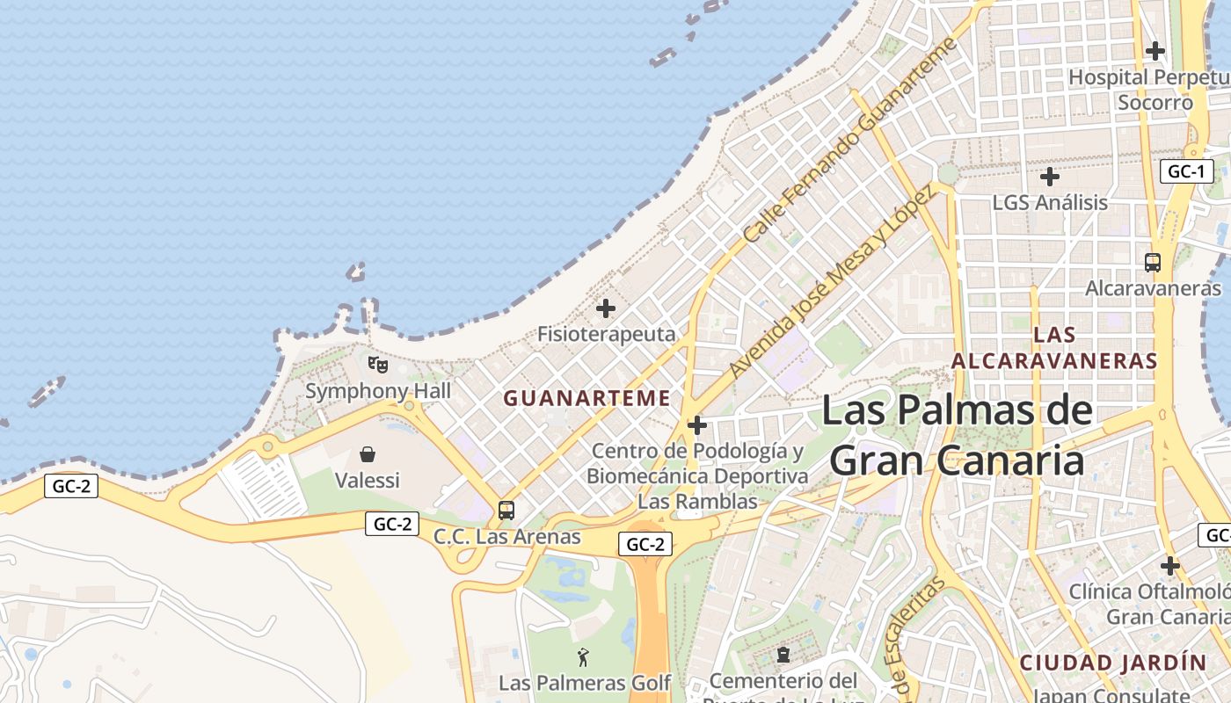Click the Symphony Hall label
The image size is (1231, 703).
377,391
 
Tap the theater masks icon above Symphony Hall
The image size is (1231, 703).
377,363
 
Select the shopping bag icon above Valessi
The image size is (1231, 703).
368,454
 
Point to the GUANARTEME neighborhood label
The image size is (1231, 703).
586,398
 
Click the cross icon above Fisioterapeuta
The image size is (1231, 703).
606,308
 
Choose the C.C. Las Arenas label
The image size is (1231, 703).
507,536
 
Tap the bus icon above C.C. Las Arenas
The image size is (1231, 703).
506,510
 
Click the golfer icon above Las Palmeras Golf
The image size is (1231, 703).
583,656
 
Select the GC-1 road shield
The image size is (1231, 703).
1186,171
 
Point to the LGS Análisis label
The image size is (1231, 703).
1050,202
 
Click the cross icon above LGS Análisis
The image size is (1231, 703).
1049,177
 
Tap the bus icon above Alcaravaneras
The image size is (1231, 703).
1152,262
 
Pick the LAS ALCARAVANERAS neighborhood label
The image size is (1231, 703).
1054,347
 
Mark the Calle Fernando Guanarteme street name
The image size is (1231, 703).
849,141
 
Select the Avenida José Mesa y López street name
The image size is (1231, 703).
831,281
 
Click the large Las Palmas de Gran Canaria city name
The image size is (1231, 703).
958,435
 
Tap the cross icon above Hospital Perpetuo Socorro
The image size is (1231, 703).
1155,51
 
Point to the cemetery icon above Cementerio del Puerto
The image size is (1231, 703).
783,655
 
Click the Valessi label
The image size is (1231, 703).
368,480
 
